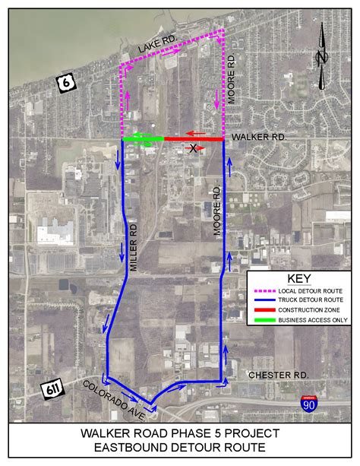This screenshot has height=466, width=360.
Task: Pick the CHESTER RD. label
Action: click(x=279, y=375)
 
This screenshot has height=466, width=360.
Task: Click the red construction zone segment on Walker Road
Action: click(x=194, y=140)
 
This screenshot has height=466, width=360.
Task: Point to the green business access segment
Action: click(x=143, y=139)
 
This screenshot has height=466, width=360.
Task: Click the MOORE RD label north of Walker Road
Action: click(x=233, y=79)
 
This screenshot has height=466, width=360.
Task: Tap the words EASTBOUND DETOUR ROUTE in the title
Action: click(x=179, y=448)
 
